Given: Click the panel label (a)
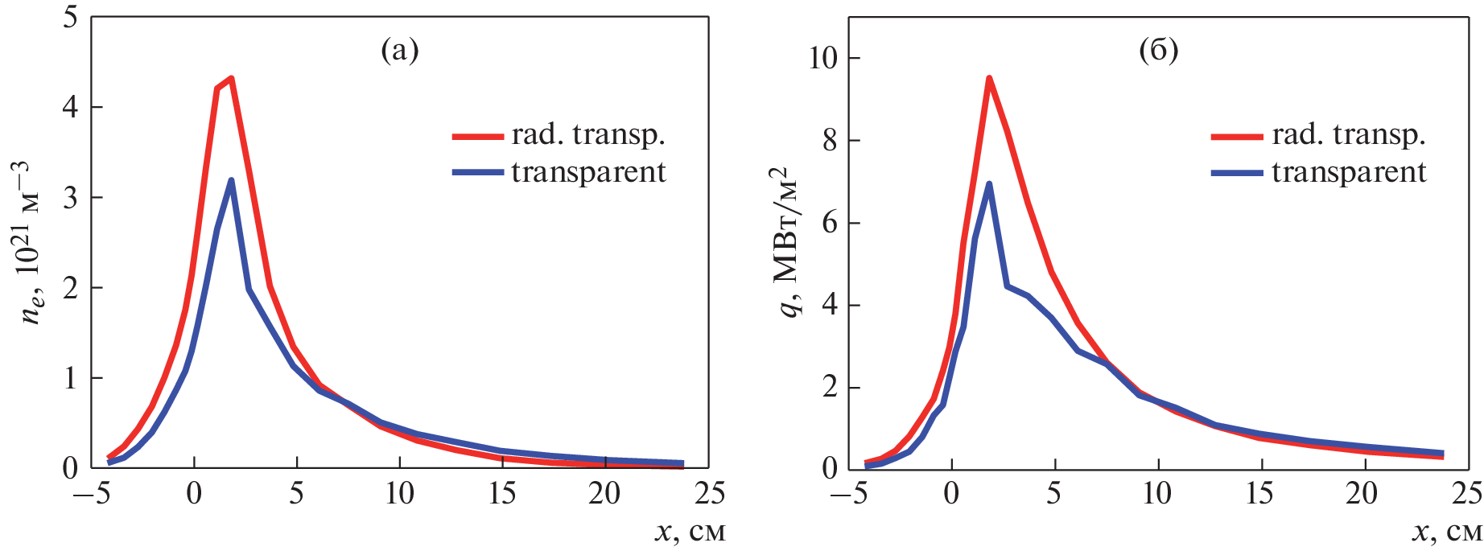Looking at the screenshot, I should point(399,51).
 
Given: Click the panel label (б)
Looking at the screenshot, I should point(1159,51).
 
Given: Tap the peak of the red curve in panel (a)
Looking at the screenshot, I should point(231,79).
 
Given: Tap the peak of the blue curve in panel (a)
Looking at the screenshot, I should point(232,181).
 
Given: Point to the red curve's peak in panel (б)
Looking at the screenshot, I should point(989,78).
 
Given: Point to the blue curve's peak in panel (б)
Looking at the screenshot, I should point(989,184).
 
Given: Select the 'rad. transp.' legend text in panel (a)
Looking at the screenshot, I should point(588,134).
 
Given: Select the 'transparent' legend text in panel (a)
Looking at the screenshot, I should point(588,172).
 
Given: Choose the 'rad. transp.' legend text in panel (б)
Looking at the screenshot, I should point(1349,134).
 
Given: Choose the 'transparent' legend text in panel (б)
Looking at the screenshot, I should point(1349,172).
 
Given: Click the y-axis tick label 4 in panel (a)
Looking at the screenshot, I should point(71,107).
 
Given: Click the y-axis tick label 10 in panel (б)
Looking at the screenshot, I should point(822,58).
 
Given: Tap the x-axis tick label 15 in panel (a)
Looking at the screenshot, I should point(502,493).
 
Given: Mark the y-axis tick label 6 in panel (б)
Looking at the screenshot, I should point(830,223).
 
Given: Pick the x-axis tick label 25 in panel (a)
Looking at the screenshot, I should point(709,493).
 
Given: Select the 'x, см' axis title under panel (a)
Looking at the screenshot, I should point(690,532).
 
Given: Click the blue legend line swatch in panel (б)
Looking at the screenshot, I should point(1237,172).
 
